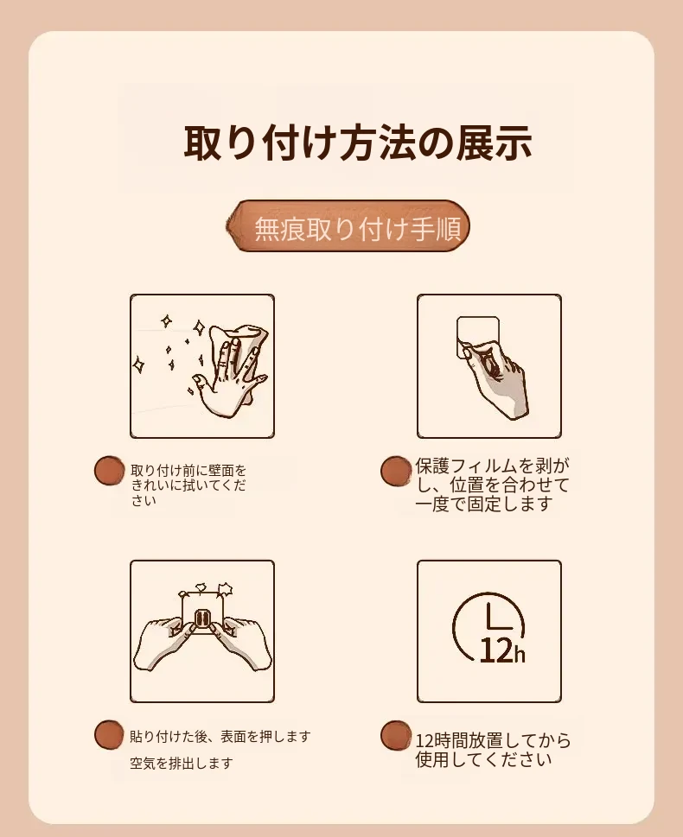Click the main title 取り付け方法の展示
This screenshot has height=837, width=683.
[x=358, y=143]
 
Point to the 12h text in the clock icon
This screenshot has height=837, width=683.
[x=502, y=650]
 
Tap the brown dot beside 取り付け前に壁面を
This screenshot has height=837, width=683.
[x=109, y=470]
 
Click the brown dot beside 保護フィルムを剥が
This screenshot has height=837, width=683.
[x=396, y=471]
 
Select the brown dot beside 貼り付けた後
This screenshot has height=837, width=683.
[x=109, y=734]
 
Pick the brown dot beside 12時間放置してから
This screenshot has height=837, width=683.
[x=396, y=735]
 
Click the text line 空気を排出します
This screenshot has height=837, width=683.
[x=182, y=764]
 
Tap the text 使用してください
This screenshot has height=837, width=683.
[x=483, y=759]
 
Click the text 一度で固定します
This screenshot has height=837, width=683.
[x=483, y=504]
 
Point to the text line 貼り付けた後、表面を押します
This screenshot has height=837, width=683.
[x=220, y=737]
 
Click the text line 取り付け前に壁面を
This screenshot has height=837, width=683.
[x=188, y=471]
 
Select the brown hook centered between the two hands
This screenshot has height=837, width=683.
[x=202, y=619]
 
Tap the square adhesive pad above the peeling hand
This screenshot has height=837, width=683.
[x=478, y=337]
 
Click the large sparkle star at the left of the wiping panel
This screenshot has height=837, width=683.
[x=139, y=365]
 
